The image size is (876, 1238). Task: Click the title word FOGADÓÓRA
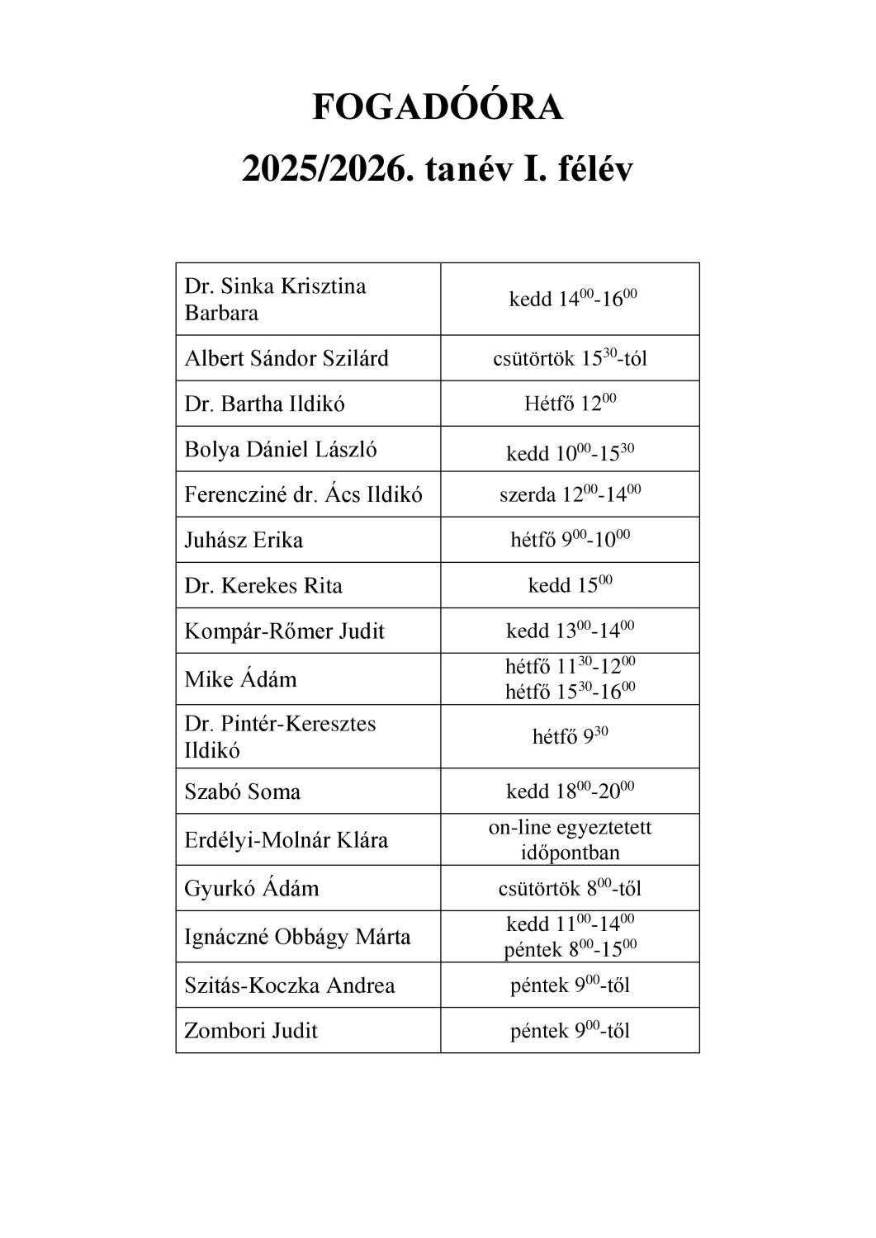click(x=438, y=107)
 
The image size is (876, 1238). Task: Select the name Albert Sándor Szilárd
click(x=286, y=358)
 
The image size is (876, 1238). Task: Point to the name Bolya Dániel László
click(x=281, y=449)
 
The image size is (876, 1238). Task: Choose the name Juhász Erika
click(x=244, y=540)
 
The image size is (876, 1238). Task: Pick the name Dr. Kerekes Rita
click(x=263, y=585)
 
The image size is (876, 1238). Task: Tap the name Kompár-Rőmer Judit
click(x=284, y=631)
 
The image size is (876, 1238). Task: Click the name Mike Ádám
click(x=240, y=679)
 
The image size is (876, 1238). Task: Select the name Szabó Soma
click(x=243, y=791)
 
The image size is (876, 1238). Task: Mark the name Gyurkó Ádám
click(x=251, y=888)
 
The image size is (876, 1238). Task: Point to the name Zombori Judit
click(x=251, y=1030)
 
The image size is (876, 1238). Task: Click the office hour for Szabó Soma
click(x=570, y=791)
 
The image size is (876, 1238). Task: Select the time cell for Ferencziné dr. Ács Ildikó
click(x=570, y=494)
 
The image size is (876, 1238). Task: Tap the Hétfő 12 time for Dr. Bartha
click(x=570, y=404)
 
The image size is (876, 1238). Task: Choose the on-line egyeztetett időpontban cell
click(x=570, y=839)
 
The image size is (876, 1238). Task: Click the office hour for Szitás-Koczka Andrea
click(x=570, y=985)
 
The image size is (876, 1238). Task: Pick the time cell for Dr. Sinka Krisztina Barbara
click(x=570, y=299)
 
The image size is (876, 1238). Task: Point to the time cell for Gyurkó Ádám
click(x=570, y=888)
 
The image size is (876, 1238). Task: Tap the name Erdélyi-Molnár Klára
click(x=286, y=840)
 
